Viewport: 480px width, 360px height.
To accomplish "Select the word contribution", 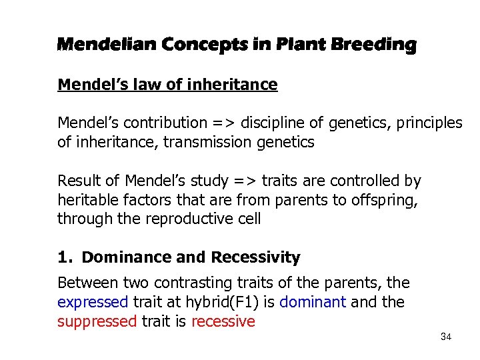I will [x=161, y=123].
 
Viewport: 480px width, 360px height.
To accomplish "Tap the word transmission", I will [x=220, y=142].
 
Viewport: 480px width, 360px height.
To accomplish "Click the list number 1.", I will [x=64, y=257].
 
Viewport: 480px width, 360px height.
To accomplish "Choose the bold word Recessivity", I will [x=255, y=257].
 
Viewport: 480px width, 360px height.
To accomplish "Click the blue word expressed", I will [x=92, y=302].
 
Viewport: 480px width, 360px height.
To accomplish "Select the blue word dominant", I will [x=312, y=302].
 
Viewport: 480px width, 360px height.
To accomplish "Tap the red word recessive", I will [x=223, y=321].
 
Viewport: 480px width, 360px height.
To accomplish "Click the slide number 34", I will [x=446, y=337].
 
